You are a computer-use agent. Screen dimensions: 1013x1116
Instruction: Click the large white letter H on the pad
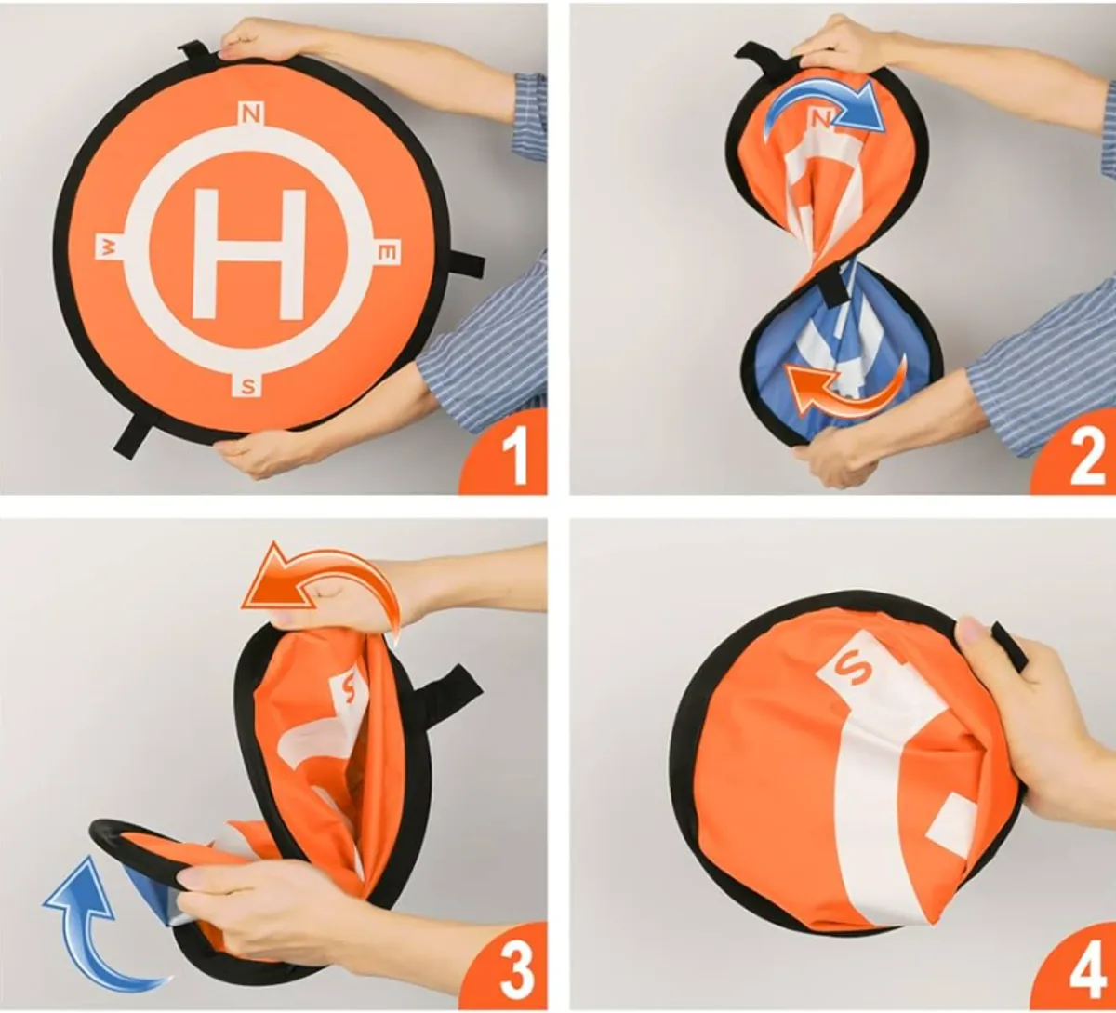point(248,253)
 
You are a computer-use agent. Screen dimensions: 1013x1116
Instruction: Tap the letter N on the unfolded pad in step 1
point(250,114)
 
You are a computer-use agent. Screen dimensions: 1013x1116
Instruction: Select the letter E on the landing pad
point(389,253)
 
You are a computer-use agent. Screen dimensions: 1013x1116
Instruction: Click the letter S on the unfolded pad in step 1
point(247,385)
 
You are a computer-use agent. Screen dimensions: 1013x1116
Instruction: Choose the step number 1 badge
point(507,456)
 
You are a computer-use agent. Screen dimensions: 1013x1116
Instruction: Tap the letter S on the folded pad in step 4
point(851,667)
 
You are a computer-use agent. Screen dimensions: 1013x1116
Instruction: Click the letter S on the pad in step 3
point(348,688)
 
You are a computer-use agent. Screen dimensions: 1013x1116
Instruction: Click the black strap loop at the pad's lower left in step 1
point(133,435)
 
